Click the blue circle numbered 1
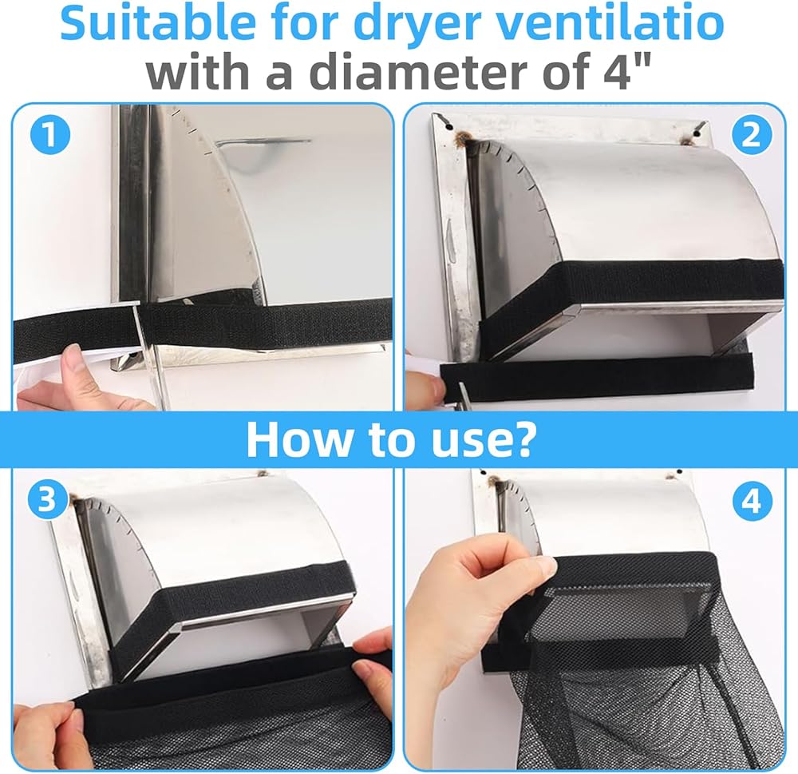click(49, 136)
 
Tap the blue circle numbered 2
click(751, 136)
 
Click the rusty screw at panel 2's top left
click(464, 135)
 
